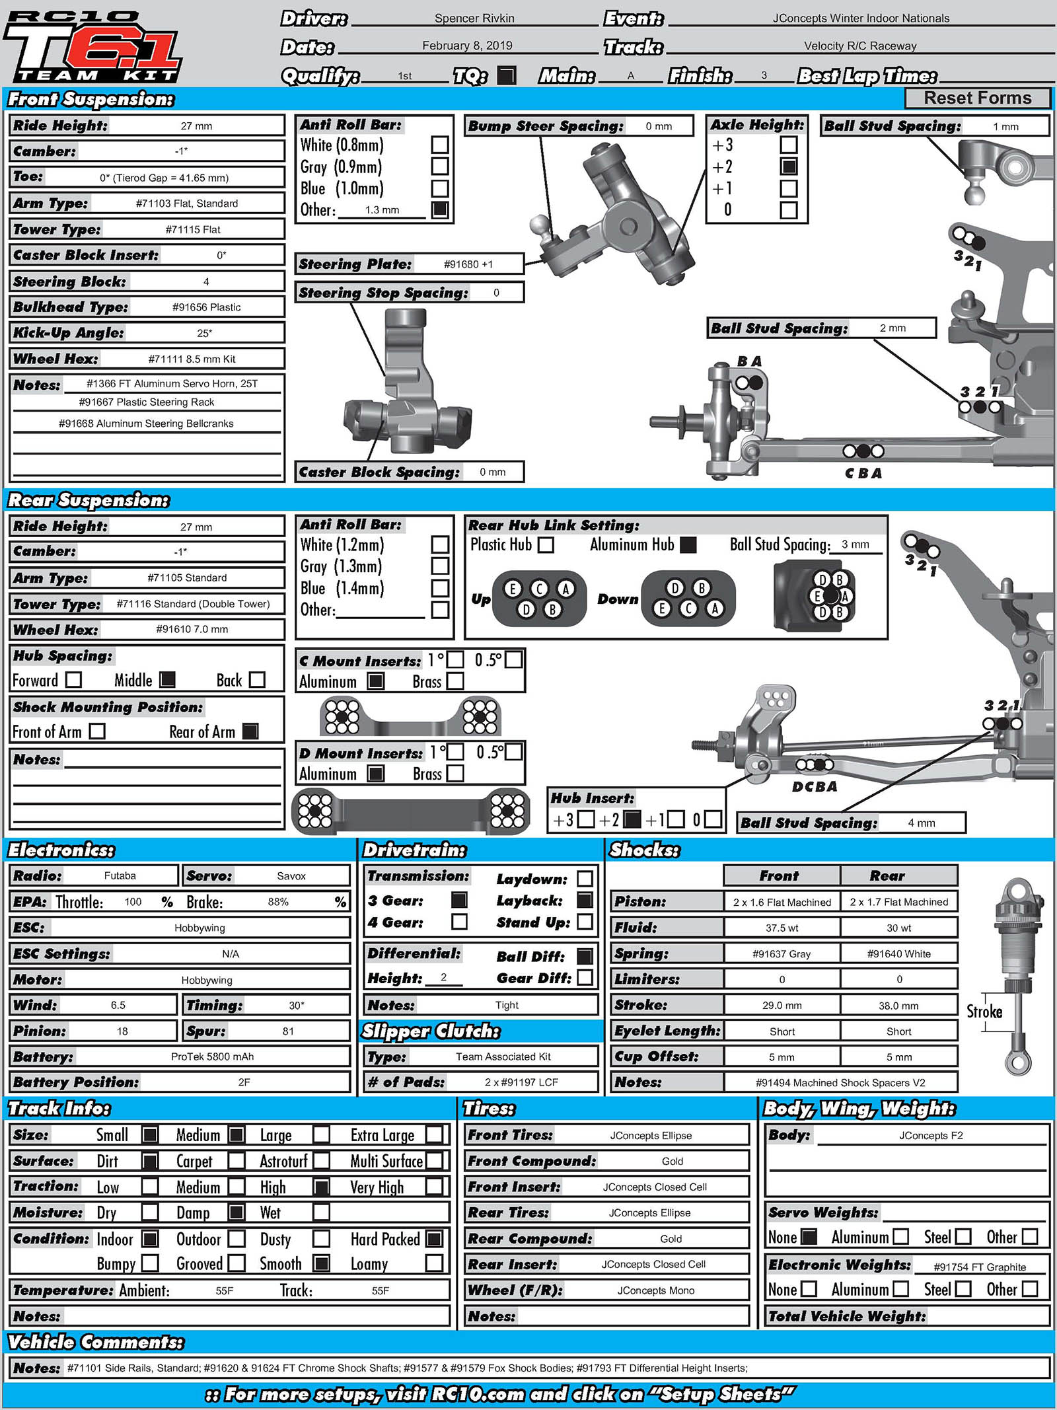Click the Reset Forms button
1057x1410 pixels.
click(977, 98)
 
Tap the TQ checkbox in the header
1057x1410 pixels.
click(506, 75)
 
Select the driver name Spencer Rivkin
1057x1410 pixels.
click(474, 19)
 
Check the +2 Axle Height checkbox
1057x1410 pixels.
click(789, 167)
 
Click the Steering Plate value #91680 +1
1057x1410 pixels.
click(468, 264)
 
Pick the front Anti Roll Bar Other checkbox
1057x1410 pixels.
click(440, 210)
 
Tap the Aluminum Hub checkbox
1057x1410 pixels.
click(688, 545)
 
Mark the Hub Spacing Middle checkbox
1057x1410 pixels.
click(168, 680)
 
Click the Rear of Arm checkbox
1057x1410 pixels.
click(250, 731)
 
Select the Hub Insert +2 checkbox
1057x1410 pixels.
click(632, 820)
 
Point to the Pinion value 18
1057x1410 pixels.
click(122, 1031)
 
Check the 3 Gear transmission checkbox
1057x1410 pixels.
click(459, 900)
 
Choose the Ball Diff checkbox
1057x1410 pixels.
click(585, 956)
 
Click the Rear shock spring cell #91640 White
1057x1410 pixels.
click(898, 953)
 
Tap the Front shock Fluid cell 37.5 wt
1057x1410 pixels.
click(782, 928)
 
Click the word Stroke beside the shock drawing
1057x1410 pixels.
click(984, 1012)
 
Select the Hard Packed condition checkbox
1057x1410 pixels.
click(434, 1239)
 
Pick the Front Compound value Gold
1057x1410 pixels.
click(673, 1161)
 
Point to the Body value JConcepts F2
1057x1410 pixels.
click(931, 1135)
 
